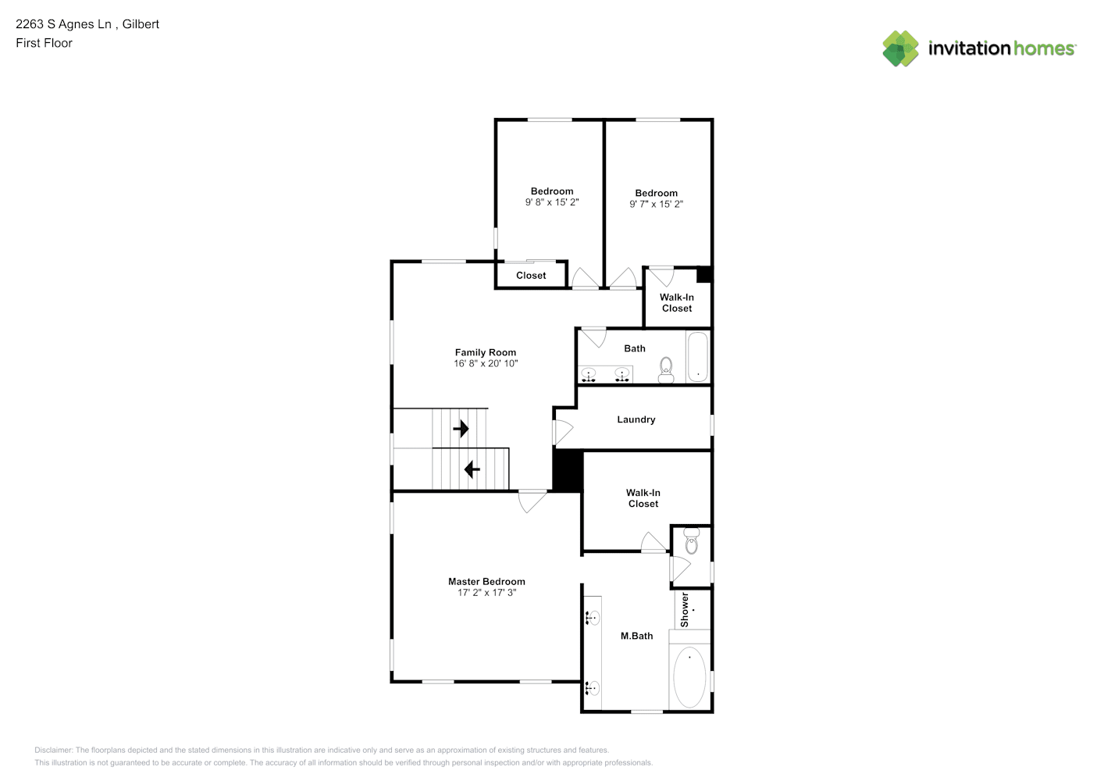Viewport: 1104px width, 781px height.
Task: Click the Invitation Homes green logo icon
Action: (x=900, y=48)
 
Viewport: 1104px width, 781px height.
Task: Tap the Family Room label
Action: (x=486, y=352)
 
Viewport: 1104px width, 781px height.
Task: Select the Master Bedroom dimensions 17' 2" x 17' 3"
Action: (x=486, y=593)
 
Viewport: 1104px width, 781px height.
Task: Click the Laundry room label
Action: (x=636, y=419)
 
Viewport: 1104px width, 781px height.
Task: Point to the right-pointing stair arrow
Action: (x=461, y=429)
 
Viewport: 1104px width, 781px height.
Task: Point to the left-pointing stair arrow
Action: (x=472, y=469)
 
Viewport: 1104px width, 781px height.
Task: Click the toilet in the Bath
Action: (x=666, y=369)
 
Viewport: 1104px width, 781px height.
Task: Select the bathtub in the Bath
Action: (x=697, y=357)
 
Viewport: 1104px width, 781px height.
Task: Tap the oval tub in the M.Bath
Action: (x=689, y=677)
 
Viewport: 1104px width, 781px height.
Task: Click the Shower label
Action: (x=684, y=610)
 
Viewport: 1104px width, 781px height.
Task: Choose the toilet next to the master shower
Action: (x=692, y=541)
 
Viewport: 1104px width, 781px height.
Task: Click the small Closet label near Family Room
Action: (x=531, y=276)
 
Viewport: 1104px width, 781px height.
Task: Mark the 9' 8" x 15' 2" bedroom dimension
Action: (x=552, y=202)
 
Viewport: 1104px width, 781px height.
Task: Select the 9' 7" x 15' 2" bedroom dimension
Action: (x=656, y=204)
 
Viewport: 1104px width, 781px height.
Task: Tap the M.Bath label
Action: (x=636, y=636)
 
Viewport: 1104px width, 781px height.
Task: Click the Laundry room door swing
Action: (x=564, y=432)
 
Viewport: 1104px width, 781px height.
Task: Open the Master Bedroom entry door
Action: (x=532, y=501)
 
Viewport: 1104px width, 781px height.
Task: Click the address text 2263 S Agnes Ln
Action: (x=63, y=24)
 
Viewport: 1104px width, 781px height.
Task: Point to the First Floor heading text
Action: (x=44, y=43)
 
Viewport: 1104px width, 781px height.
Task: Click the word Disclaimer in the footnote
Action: (x=53, y=750)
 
